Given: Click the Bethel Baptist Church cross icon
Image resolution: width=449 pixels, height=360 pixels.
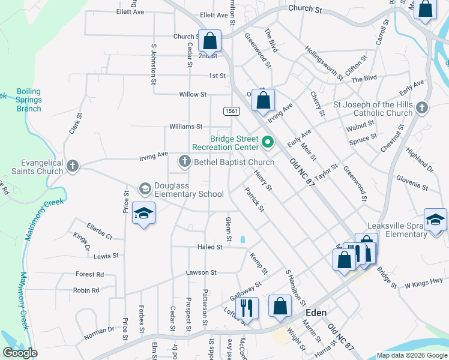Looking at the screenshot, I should click(x=184, y=161).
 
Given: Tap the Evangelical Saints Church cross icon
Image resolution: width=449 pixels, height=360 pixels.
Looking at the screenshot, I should click(x=73, y=166).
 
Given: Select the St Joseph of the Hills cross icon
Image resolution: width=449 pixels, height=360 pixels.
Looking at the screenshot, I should click(x=422, y=108).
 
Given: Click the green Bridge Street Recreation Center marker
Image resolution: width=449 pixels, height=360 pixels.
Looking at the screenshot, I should click(x=268, y=143).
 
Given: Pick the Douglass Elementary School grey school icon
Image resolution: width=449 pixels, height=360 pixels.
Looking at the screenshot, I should click(x=145, y=189).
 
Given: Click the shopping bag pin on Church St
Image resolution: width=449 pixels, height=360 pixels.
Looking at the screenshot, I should click(x=210, y=41).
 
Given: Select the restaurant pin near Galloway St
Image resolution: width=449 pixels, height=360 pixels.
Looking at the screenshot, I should click(x=247, y=308).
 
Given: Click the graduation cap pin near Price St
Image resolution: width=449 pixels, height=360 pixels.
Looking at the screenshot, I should click(x=143, y=214).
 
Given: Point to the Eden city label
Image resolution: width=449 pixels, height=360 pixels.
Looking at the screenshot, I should click(x=316, y=313).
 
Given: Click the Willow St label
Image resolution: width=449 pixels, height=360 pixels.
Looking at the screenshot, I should click(x=193, y=95).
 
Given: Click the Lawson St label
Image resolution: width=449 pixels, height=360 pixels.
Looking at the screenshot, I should click(x=200, y=272).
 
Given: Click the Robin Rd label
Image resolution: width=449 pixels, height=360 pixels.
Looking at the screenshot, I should click(x=86, y=290).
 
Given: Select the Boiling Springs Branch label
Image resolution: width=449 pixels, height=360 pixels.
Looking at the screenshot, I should click(x=29, y=100).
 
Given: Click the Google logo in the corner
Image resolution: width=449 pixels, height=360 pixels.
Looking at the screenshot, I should click(x=20, y=353).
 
